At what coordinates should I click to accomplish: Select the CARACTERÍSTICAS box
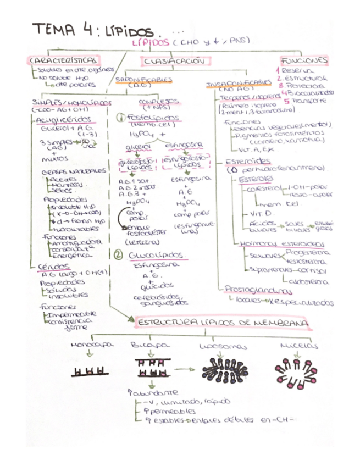(64, 59)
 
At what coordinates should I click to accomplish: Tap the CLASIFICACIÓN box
(176, 62)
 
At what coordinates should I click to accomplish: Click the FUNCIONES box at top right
(304, 59)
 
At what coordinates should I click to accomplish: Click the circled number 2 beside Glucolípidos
(118, 255)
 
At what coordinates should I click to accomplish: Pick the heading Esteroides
(248, 161)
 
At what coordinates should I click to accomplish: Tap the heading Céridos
(49, 266)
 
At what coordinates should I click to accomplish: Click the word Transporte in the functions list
(308, 101)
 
